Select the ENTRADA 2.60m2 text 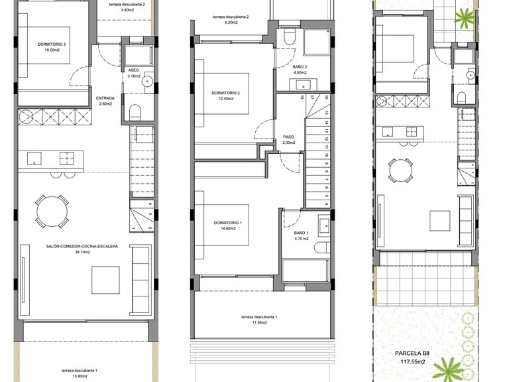click(105, 100)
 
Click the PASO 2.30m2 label click(288, 140)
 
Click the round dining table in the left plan click(52, 212)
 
